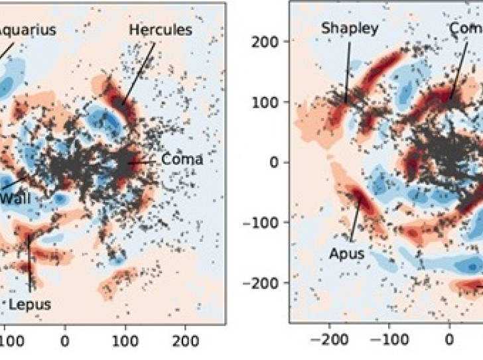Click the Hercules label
click(x=160, y=30)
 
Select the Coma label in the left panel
click(x=182, y=159)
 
